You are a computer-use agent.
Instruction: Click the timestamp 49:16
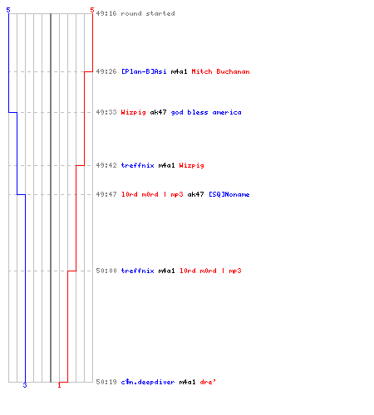(x=106, y=13)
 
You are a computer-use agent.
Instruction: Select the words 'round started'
(x=148, y=13)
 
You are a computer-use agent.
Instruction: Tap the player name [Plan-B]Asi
(x=144, y=71)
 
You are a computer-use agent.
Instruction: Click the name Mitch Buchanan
(x=220, y=71)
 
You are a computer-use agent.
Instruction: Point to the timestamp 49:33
(x=106, y=112)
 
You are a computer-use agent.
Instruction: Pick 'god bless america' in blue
(x=206, y=113)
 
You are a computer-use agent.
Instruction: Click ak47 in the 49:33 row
(x=158, y=112)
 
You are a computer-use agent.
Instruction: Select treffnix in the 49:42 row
(x=138, y=165)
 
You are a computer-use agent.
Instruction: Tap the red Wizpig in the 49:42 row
(x=192, y=166)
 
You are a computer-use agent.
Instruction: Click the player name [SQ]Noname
(x=229, y=194)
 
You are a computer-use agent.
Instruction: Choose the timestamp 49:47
(x=106, y=194)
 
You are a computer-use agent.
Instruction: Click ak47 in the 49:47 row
(x=195, y=194)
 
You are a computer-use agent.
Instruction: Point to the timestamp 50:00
(x=106, y=271)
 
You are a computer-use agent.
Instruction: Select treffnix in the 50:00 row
(x=138, y=271)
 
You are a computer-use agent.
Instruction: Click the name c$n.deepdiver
(x=148, y=382)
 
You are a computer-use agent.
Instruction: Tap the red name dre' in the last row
(x=208, y=382)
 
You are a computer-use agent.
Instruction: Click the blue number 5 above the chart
(x=8, y=10)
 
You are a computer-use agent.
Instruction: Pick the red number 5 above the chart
(x=92, y=10)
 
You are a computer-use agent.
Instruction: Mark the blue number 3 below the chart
(x=25, y=385)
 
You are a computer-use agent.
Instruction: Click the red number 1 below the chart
(x=59, y=385)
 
